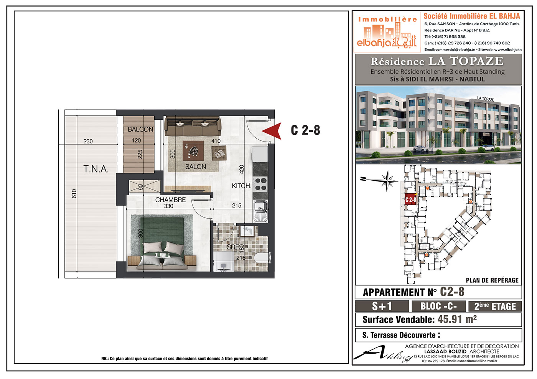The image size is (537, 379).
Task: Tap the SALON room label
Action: click(195, 166)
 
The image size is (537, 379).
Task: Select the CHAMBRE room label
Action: click(170, 200)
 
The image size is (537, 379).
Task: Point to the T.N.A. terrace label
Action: click(96, 169)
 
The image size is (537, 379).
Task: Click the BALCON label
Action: click(140, 129)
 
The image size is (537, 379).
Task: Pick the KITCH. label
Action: click(241, 186)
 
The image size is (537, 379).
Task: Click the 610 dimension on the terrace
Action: click(74, 194)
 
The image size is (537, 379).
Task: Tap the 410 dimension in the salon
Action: click(216, 141)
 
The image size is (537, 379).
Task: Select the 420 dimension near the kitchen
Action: click(242, 170)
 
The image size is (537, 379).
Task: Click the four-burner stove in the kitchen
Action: click(260, 184)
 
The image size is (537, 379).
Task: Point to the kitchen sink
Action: click(260, 211)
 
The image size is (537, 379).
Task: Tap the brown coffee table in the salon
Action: click(193, 151)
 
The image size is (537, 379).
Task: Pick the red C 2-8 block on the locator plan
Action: click(410, 199)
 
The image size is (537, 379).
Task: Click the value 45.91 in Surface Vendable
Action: click(450, 319)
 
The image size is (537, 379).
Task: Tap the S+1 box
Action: click(382, 306)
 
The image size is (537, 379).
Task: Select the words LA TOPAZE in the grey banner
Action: click(466, 61)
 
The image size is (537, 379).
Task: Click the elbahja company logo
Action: click(387, 32)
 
